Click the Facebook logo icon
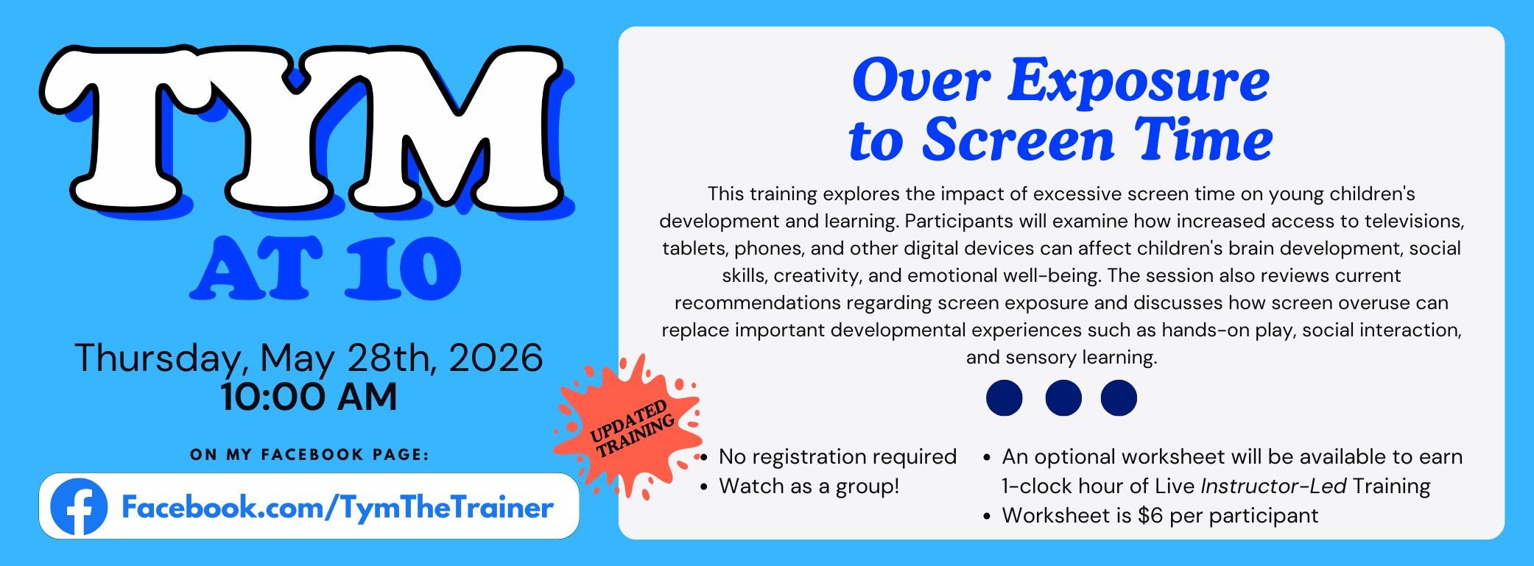pyautogui.click(x=79, y=506)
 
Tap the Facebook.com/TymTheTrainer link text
pyautogui.click(x=337, y=508)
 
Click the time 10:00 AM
pyautogui.click(x=309, y=397)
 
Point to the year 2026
pyautogui.click(x=496, y=358)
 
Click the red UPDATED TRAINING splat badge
pyautogui.click(x=628, y=427)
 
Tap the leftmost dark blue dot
pyautogui.click(x=1005, y=398)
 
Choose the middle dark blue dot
pyautogui.click(x=1063, y=398)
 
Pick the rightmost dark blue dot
pyautogui.click(x=1119, y=398)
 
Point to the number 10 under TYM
pyautogui.click(x=403, y=268)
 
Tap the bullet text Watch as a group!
pyautogui.click(x=809, y=486)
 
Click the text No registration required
pyautogui.click(x=838, y=457)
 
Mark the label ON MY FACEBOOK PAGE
pyautogui.click(x=309, y=455)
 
